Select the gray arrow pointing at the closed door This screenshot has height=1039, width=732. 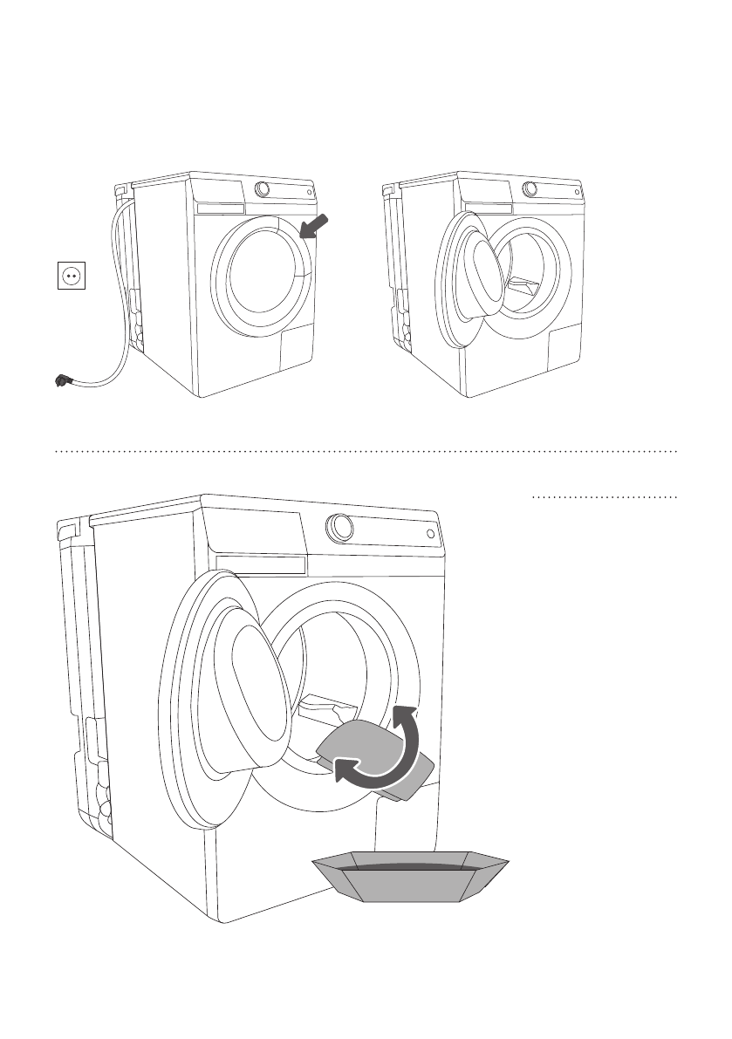point(313,224)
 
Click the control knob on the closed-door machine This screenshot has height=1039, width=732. point(262,188)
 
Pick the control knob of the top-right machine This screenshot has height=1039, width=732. point(530,188)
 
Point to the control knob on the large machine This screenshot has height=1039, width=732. point(338,526)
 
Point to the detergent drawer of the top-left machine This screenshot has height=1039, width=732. point(220,209)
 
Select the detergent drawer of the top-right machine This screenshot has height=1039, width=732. point(489,209)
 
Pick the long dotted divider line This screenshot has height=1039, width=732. point(366,452)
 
